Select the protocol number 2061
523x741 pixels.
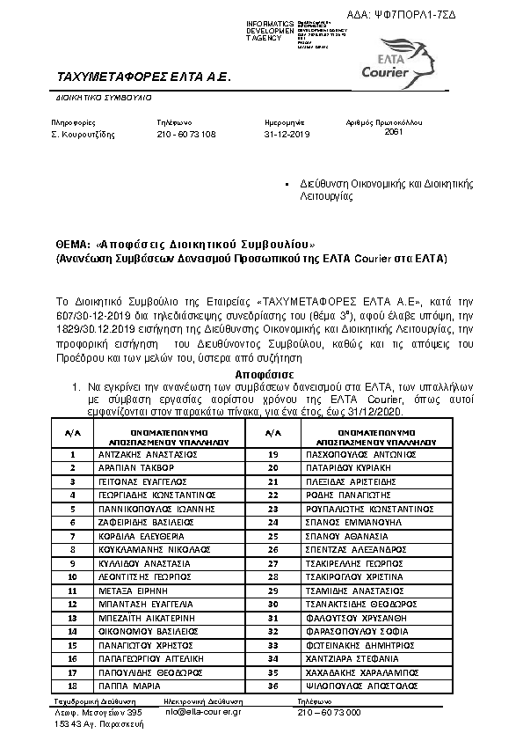(394, 131)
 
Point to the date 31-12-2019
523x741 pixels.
(287, 135)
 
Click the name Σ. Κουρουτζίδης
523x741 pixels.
(83, 135)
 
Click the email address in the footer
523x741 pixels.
(203, 711)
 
